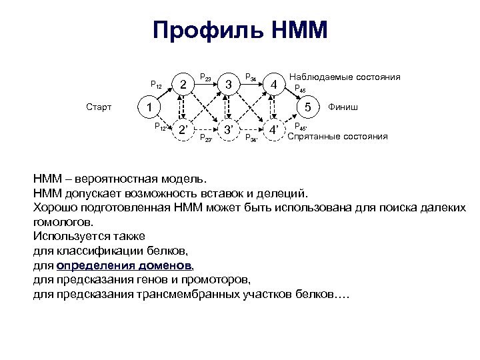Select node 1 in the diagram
click(x=150, y=107)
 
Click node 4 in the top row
click(x=273, y=83)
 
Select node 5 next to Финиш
click(x=307, y=107)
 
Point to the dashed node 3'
click(x=229, y=130)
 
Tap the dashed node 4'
click(x=274, y=130)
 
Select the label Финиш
click(x=342, y=107)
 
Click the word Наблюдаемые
click(x=319, y=77)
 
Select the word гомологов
click(x=63, y=222)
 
